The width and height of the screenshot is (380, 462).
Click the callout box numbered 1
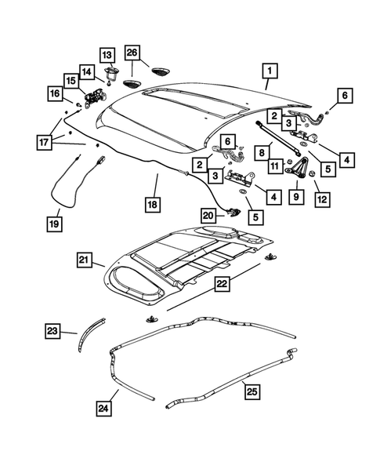(268, 75)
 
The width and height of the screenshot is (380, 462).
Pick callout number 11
(276, 166)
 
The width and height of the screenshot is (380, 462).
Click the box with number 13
(107, 55)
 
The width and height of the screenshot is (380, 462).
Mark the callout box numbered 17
(46, 142)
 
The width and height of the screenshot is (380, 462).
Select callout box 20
(208, 215)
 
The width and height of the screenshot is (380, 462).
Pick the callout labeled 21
(85, 260)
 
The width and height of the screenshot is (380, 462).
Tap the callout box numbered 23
(52, 332)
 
